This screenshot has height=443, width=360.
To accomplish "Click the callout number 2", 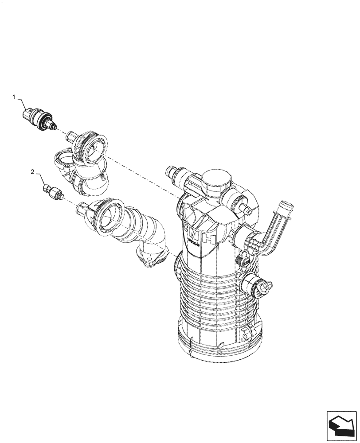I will (32, 171).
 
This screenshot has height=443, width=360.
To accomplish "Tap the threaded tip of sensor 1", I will (55, 127).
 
